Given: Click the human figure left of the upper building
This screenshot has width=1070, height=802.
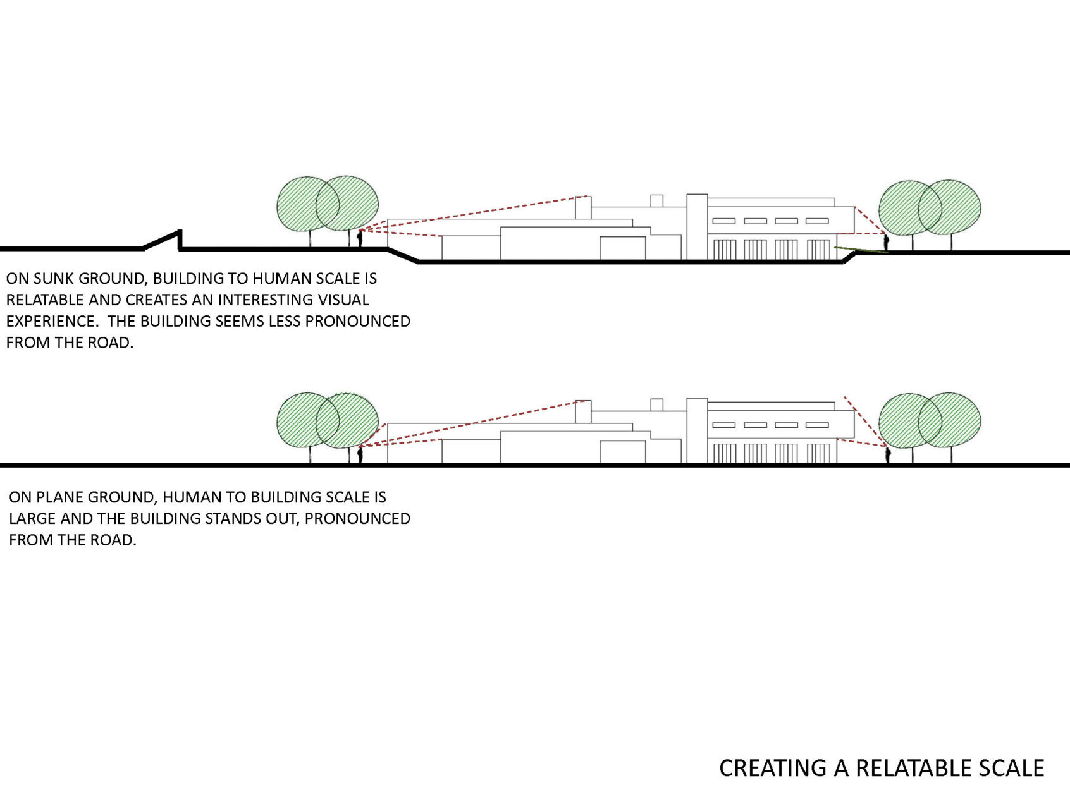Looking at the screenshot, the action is pos(360,239).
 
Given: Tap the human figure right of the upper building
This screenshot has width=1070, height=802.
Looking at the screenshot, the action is pos(886,242).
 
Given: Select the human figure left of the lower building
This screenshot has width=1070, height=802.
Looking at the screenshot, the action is pos(360,454).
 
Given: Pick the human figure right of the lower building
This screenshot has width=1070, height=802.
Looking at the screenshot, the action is pos(888,455).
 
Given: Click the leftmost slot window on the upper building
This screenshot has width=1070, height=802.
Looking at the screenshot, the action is pos(724,221).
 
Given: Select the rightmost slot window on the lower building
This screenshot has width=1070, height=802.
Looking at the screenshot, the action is pos(817,425).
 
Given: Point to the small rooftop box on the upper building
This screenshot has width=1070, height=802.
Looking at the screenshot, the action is pos(657,201).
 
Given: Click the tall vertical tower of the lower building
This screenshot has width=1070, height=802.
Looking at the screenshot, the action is pos(697,431).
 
